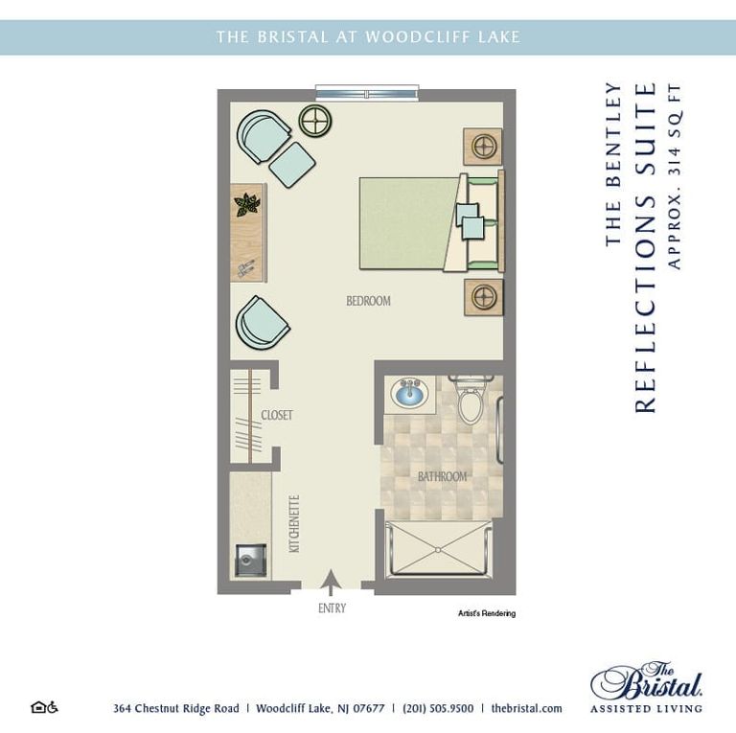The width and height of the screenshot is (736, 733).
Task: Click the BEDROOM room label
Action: click(x=368, y=301)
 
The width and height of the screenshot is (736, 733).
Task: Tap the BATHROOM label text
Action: click(x=442, y=476)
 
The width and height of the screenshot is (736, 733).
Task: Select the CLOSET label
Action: click(x=276, y=415)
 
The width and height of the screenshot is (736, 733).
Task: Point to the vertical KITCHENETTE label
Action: click(x=294, y=523)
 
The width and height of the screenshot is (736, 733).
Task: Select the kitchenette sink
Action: click(x=250, y=561)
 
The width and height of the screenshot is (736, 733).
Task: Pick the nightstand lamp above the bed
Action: click(x=483, y=147)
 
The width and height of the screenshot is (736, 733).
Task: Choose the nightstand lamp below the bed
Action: click(x=483, y=296)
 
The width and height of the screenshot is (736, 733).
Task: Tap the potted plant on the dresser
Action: click(x=248, y=204)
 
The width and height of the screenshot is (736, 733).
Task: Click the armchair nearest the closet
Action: click(x=262, y=324)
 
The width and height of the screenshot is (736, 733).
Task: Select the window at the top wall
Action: click(x=367, y=93)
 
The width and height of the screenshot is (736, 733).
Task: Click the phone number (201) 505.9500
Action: click(x=440, y=709)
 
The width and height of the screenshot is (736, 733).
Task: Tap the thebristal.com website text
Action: click(x=526, y=709)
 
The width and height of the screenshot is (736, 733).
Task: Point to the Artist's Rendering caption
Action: click(x=486, y=614)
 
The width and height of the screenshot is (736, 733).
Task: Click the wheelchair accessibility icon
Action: click(x=54, y=708)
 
